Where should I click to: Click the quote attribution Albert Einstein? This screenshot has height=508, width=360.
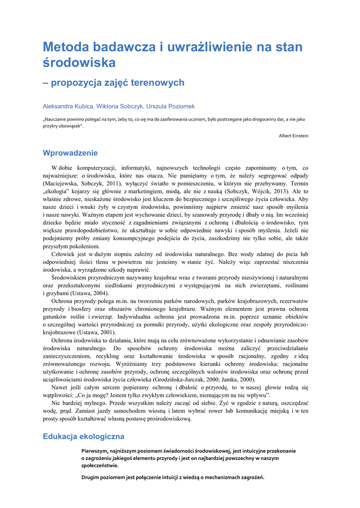[293, 135]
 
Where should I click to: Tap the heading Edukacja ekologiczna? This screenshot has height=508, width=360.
[83, 437]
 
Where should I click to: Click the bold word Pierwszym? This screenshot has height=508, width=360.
[97, 451]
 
